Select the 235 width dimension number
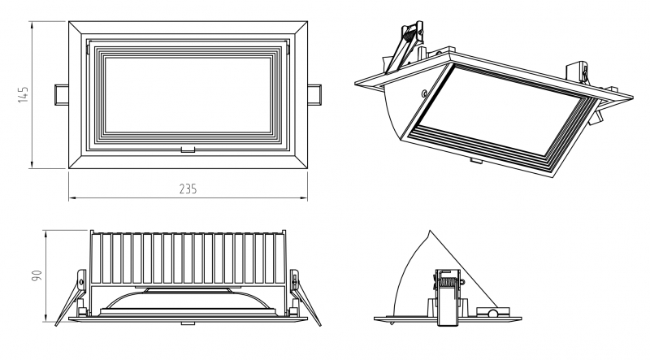click(188, 189)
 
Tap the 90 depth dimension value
click(36, 275)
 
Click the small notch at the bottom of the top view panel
click(188, 150)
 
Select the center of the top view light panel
click(188, 93)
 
